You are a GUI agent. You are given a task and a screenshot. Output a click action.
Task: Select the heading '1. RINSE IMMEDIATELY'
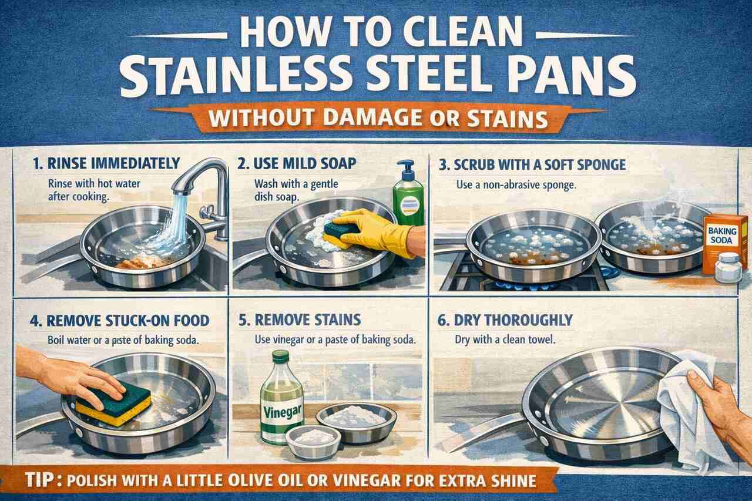coord(106,163)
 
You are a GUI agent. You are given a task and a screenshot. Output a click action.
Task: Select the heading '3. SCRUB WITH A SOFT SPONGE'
coord(532,165)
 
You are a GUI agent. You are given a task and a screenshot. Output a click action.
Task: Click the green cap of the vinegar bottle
coord(281,356)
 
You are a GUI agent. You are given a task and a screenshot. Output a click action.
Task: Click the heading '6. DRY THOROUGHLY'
coord(505,320)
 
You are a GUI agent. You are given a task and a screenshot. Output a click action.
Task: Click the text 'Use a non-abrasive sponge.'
coord(516,185)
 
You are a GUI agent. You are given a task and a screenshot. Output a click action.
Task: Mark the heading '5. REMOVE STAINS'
coord(300,320)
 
